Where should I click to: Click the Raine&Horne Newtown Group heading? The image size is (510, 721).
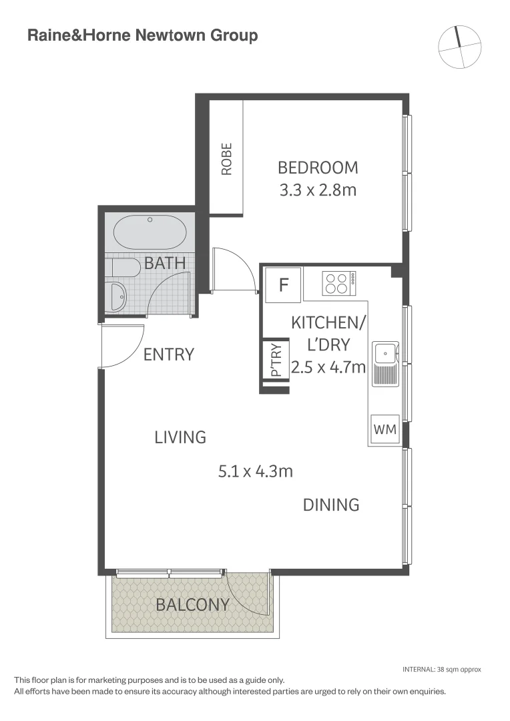[x=142, y=35]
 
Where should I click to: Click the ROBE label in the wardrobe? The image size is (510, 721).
[x=227, y=159]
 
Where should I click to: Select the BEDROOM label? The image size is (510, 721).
[x=318, y=167]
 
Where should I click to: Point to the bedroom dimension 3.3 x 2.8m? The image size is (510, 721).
[x=318, y=190]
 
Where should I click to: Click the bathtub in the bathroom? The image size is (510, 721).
[x=150, y=233]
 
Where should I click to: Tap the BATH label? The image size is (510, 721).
[x=165, y=263]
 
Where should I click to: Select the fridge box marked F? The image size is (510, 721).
[x=283, y=286]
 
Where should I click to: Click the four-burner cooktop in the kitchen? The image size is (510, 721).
[x=339, y=283]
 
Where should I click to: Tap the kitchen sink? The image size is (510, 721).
[x=386, y=354]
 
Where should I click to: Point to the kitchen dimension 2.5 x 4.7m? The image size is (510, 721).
[x=328, y=367]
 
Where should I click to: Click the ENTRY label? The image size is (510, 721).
[x=169, y=354]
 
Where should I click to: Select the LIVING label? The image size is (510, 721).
[x=180, y=437]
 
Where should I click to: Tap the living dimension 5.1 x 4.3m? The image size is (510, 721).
[x=256, y=471]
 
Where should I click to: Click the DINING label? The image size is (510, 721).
[x=331, y=505]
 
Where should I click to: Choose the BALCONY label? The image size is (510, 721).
[x=192, y=605]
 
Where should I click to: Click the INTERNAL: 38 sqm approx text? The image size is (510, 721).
[x=441, y=669]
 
